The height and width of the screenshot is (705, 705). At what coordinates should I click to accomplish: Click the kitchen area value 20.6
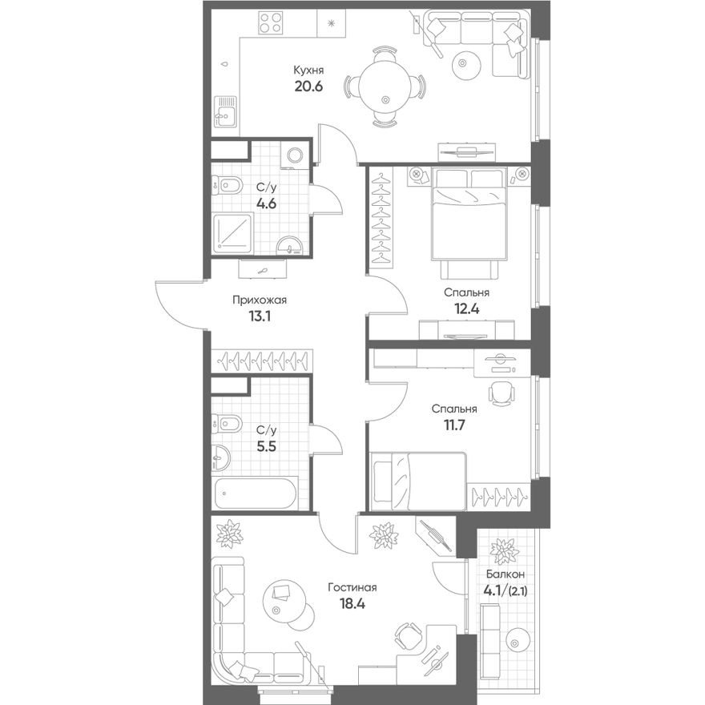[x=308, y=86]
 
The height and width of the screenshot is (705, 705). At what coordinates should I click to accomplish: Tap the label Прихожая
[x=260, y=300]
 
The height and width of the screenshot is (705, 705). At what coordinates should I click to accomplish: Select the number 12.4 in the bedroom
[x=467, y=308]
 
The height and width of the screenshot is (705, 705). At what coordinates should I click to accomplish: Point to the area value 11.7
[x=454, y=425]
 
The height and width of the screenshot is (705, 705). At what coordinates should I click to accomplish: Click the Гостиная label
[x=352, y=587]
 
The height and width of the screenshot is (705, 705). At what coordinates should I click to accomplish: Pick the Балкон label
[x=506, y=574]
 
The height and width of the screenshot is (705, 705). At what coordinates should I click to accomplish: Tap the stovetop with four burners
[x=271, y=22]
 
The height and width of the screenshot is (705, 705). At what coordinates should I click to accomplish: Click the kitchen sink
[x=226, y=112]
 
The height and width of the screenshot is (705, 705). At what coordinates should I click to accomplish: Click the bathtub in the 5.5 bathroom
[x=256, y=493]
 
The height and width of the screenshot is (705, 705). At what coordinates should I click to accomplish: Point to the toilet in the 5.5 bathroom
[x=227, y=424]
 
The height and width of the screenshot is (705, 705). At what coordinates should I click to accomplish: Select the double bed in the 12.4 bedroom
[x=469, y=214]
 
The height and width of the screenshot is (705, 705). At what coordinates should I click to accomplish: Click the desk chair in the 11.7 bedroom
[x=501, y=393]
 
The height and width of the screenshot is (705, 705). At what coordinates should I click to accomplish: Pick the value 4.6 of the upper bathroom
[x=266, y=203]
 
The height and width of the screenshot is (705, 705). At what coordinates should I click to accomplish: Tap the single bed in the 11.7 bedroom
[x=418, y=481]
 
